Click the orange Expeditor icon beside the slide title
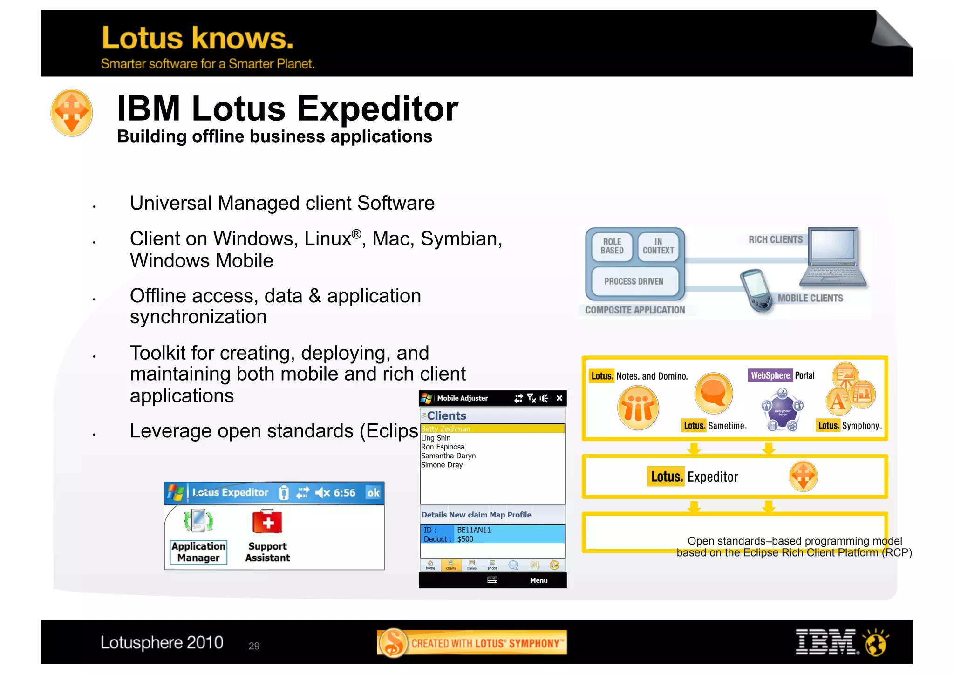[x=71, y=112]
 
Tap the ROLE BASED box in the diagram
[x=612, y=246]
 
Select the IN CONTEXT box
[x=658, y=246]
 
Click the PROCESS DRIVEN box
[x=634, y=281]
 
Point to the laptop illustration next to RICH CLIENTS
[x=834, y=257]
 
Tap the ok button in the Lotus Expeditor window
[x=373, y=493]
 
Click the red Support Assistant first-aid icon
[x=267, y=522]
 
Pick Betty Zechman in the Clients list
[x=446, y=429]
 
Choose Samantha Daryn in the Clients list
[x=448, y=456]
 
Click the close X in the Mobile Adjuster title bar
[x=559, y=398]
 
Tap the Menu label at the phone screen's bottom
[x=538, y=580]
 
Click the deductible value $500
[x=465, y=539]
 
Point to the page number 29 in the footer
[x=254, y=646]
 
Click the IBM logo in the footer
[x=826, y=642]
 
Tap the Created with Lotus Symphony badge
[x=472, y=643]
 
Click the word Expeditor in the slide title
[x=377, y=109]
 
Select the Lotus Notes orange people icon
[x=638, y=408]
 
